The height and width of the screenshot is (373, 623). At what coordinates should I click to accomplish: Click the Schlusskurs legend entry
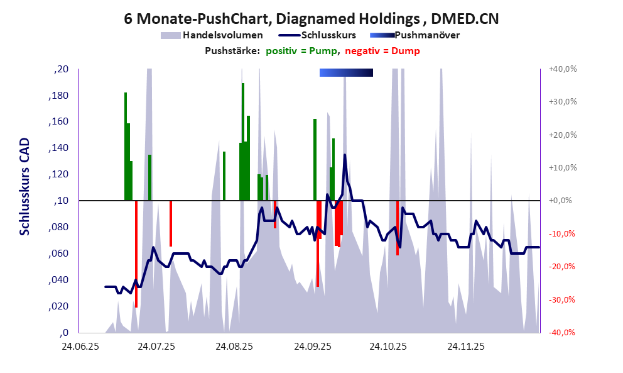(x=329, y=35)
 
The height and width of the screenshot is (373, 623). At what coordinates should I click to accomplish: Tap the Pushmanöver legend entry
(x=428, y=35)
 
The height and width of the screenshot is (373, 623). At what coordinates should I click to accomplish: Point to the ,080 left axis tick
(x=59, y=227)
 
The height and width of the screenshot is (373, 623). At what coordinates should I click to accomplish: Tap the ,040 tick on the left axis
(x=59, y=280)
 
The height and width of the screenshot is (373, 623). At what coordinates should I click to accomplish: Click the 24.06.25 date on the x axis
(x=79, y=346)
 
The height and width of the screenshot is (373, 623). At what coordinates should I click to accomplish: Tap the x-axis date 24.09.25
(x=311, y=346)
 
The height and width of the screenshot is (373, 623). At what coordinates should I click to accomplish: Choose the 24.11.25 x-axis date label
(x=465, y=346)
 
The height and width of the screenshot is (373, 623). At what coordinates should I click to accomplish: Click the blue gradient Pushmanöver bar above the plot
(x=346, y=73)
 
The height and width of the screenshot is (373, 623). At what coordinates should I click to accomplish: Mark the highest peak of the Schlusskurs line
(x=345, y=155)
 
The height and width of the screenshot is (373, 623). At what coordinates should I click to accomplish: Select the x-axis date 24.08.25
(x=234, y=346)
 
